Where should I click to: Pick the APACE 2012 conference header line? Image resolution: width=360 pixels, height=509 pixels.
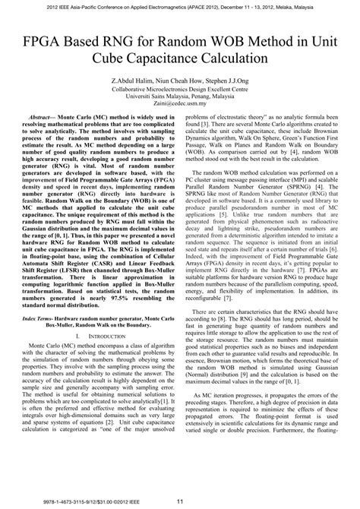click(x=180, y=5)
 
